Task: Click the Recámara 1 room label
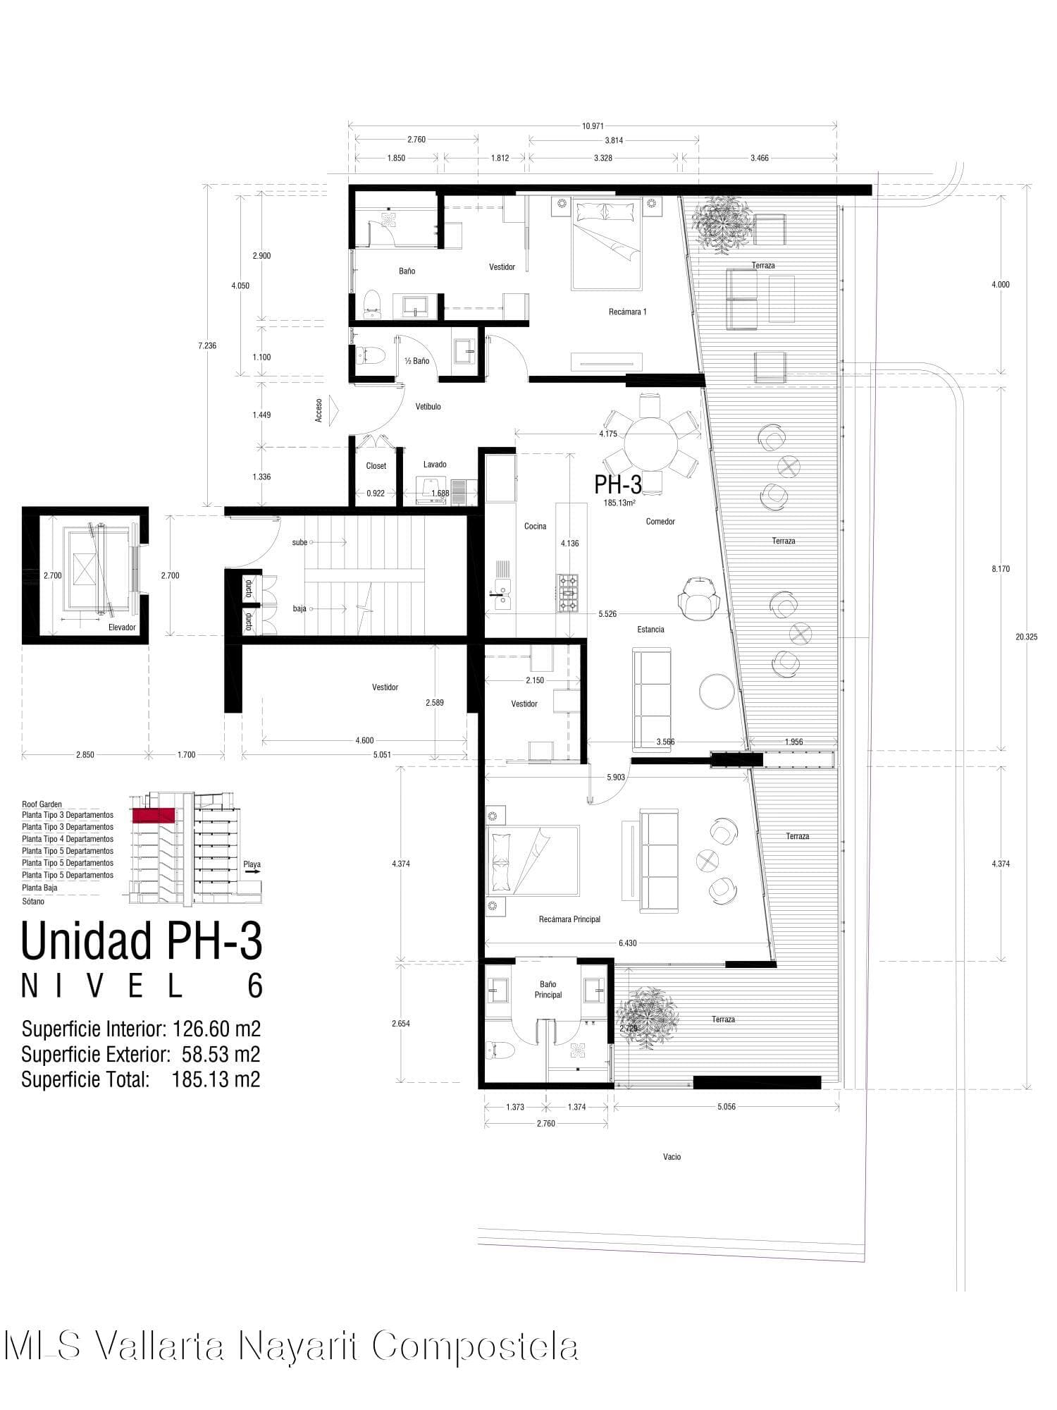[627, 312]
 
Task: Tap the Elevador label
[122, 627]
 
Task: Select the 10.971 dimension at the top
[593, 126]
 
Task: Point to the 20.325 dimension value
[1026, 637]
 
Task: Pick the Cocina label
[535, 526]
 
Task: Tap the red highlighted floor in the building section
[153, 815]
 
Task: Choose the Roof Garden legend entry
[42, 804]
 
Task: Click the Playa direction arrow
[252, 872]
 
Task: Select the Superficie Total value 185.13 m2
[216, 1079]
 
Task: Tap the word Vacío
[672, 1157]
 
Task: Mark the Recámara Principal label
[569, 919]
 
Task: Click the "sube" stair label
[299, 542]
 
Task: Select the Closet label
[376, 466]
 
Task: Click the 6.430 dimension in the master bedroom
[627, 943]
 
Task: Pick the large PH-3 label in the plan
[618, 484]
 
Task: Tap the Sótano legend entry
[33, 902]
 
